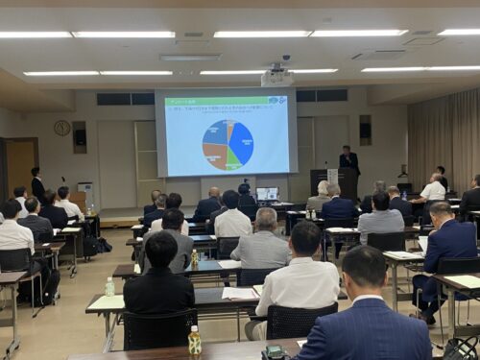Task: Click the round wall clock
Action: tap(62, 128)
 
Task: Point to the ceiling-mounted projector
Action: tap(276, 76)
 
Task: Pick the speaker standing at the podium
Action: tap(348, 160)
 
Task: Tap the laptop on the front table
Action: tap(267, 194)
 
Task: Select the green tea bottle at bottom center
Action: tap(195, 341)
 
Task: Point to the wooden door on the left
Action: tap(19, 167)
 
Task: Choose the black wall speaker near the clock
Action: tap(79, 136)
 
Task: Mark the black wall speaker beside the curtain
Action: tap(365, 130)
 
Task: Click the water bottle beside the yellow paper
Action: tap(109, 286)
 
